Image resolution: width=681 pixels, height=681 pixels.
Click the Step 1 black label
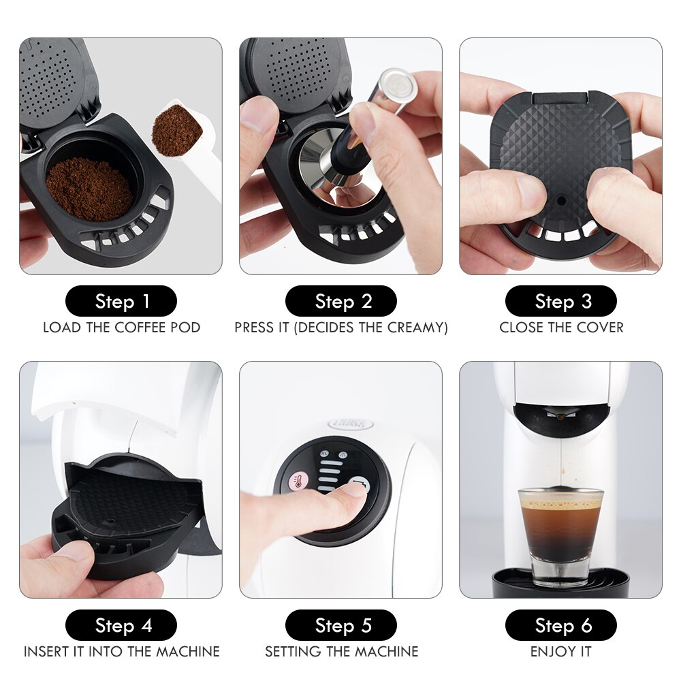[121, 301]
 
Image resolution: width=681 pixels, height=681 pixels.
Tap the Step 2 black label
[340, 301]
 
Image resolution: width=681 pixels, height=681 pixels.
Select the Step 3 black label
[560, 301]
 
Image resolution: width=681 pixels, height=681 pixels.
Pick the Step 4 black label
[121, 625]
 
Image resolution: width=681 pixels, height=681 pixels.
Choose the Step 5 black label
[340, 625]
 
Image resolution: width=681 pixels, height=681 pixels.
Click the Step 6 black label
[560, 625]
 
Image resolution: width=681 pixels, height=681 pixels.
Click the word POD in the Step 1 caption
[185, 328]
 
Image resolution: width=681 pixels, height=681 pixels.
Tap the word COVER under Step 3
[601, 328]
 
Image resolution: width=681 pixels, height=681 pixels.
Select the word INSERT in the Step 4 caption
[48, 652]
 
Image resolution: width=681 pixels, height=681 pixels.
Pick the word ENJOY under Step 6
[549, 652]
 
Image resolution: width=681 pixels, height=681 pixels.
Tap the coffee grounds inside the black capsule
[89, 188]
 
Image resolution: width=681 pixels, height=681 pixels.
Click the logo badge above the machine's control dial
[350, 424]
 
